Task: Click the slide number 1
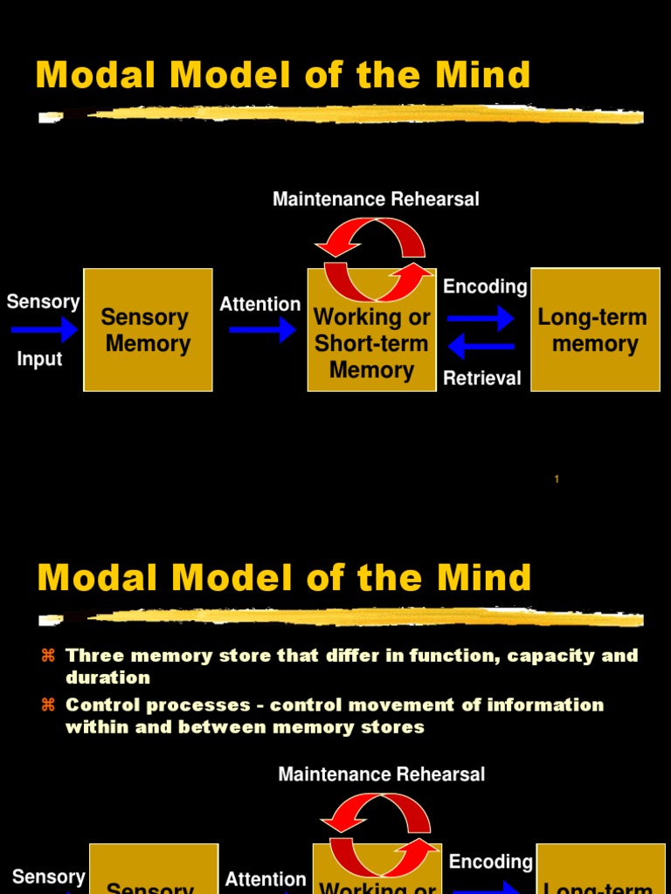tap(557, 478)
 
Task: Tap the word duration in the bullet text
tap(107, 677)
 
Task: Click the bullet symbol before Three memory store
tap(49, 656)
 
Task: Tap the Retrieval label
tap(481, 378)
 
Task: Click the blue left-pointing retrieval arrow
tap(481, 347)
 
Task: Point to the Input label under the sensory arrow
tap(39, 359)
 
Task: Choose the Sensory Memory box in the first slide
tap(148, 330)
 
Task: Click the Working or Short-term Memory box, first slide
tap(371, 342)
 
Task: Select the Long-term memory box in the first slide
tap(595, 330)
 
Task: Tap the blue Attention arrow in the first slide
tap(262, 329)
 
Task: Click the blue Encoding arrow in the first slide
tap(481, 318)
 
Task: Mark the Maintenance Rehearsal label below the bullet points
tap(381, 774)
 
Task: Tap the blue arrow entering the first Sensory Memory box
tap(45, 329)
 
